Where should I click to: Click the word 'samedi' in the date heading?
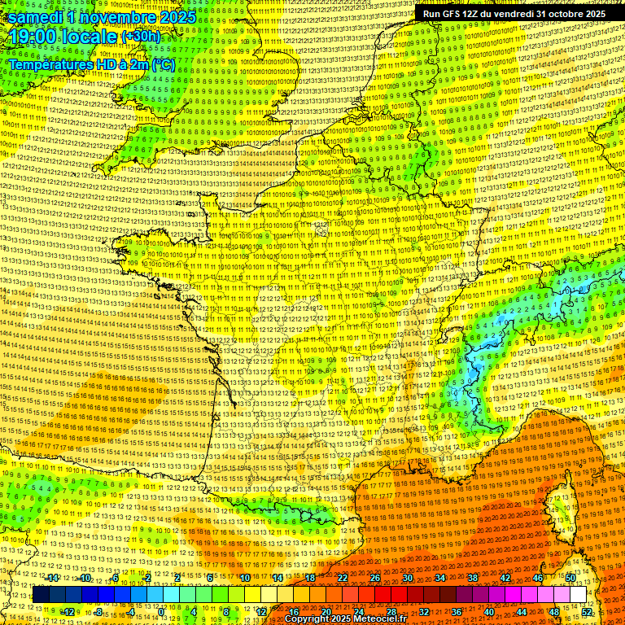[33, 16]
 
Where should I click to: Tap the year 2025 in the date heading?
[177, 16]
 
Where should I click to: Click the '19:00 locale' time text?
[62, 37]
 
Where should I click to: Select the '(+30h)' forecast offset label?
[141, 37]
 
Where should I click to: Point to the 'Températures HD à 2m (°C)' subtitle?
[91, 63]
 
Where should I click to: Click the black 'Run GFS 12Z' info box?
[514, 14]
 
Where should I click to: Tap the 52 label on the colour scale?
[587, 612]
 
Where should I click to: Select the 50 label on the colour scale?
[570, 578]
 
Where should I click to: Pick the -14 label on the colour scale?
[52, 578]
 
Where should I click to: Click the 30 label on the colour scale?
[408, 578]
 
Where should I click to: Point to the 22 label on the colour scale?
[343, 578]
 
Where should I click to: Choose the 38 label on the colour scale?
[473, 578]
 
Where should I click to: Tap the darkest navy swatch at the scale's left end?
[41, 595]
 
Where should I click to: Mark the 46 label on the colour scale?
[538, 578]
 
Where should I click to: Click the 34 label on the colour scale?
[440, 578]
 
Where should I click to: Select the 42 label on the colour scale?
[505, 578]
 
